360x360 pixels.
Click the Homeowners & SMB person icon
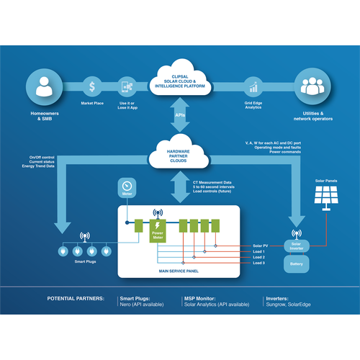(x=42, y=87)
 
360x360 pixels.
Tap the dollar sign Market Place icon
(x=93, y=87)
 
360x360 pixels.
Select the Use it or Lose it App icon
(x=127, y=87)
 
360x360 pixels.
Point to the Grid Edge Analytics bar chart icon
(x=253, y=87)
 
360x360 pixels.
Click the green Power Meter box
(x=158, y=231)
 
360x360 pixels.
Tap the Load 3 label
(x=258, y=264)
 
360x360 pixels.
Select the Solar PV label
(x=261, y=246)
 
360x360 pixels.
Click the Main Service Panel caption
(x=179, y=271)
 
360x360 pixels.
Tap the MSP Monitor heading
(x=204, y=297)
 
